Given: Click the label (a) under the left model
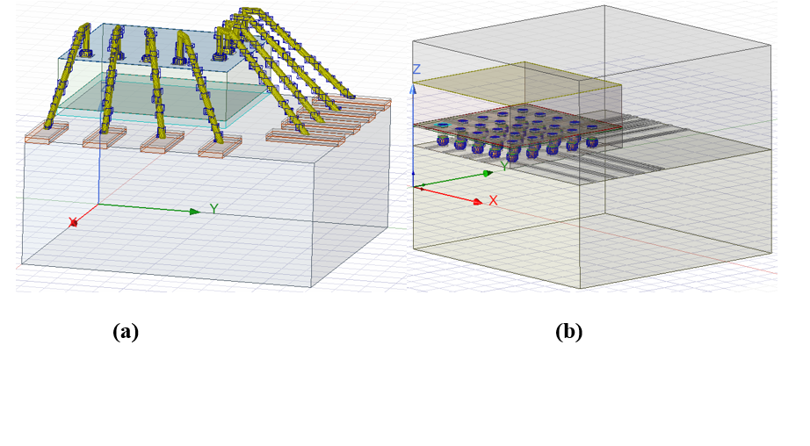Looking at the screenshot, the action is [126, 331].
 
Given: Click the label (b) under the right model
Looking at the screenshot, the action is [568, 331].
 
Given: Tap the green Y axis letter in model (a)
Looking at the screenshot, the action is [213, 208].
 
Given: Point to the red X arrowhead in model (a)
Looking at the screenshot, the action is [73, 222].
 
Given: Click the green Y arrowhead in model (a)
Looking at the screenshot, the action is [194, 212].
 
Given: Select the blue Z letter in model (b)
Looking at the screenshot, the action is [416, 69].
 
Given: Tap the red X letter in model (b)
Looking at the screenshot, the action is [493, 200].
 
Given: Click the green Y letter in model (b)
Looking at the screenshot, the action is [504, 166].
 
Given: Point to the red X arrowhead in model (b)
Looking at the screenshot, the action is [478, 202].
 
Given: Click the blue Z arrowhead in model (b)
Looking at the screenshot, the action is [413, 90].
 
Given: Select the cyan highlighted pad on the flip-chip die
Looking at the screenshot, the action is [442, 125].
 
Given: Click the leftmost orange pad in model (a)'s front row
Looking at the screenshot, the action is [47, 133].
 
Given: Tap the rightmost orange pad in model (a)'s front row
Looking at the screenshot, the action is [220, 147].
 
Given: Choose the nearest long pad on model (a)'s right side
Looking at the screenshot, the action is [304, 137].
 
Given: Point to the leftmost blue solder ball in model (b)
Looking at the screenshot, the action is [442, 140].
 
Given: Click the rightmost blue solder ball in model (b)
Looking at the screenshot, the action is [592, 140].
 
